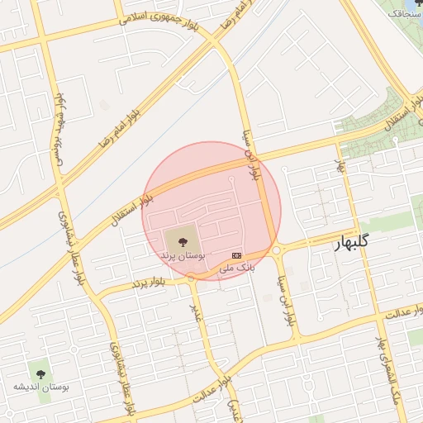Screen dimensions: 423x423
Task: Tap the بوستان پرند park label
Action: coord(182,257)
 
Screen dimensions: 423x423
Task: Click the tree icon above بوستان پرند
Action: coord(182,241)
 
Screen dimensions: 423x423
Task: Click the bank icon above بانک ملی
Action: coord(238,254)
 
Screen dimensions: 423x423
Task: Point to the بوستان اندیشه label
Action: coord(41,386)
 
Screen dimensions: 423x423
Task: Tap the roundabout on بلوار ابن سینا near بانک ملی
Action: coord(275,250)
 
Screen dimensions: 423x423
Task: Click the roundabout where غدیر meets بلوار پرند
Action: coord(192,278)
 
